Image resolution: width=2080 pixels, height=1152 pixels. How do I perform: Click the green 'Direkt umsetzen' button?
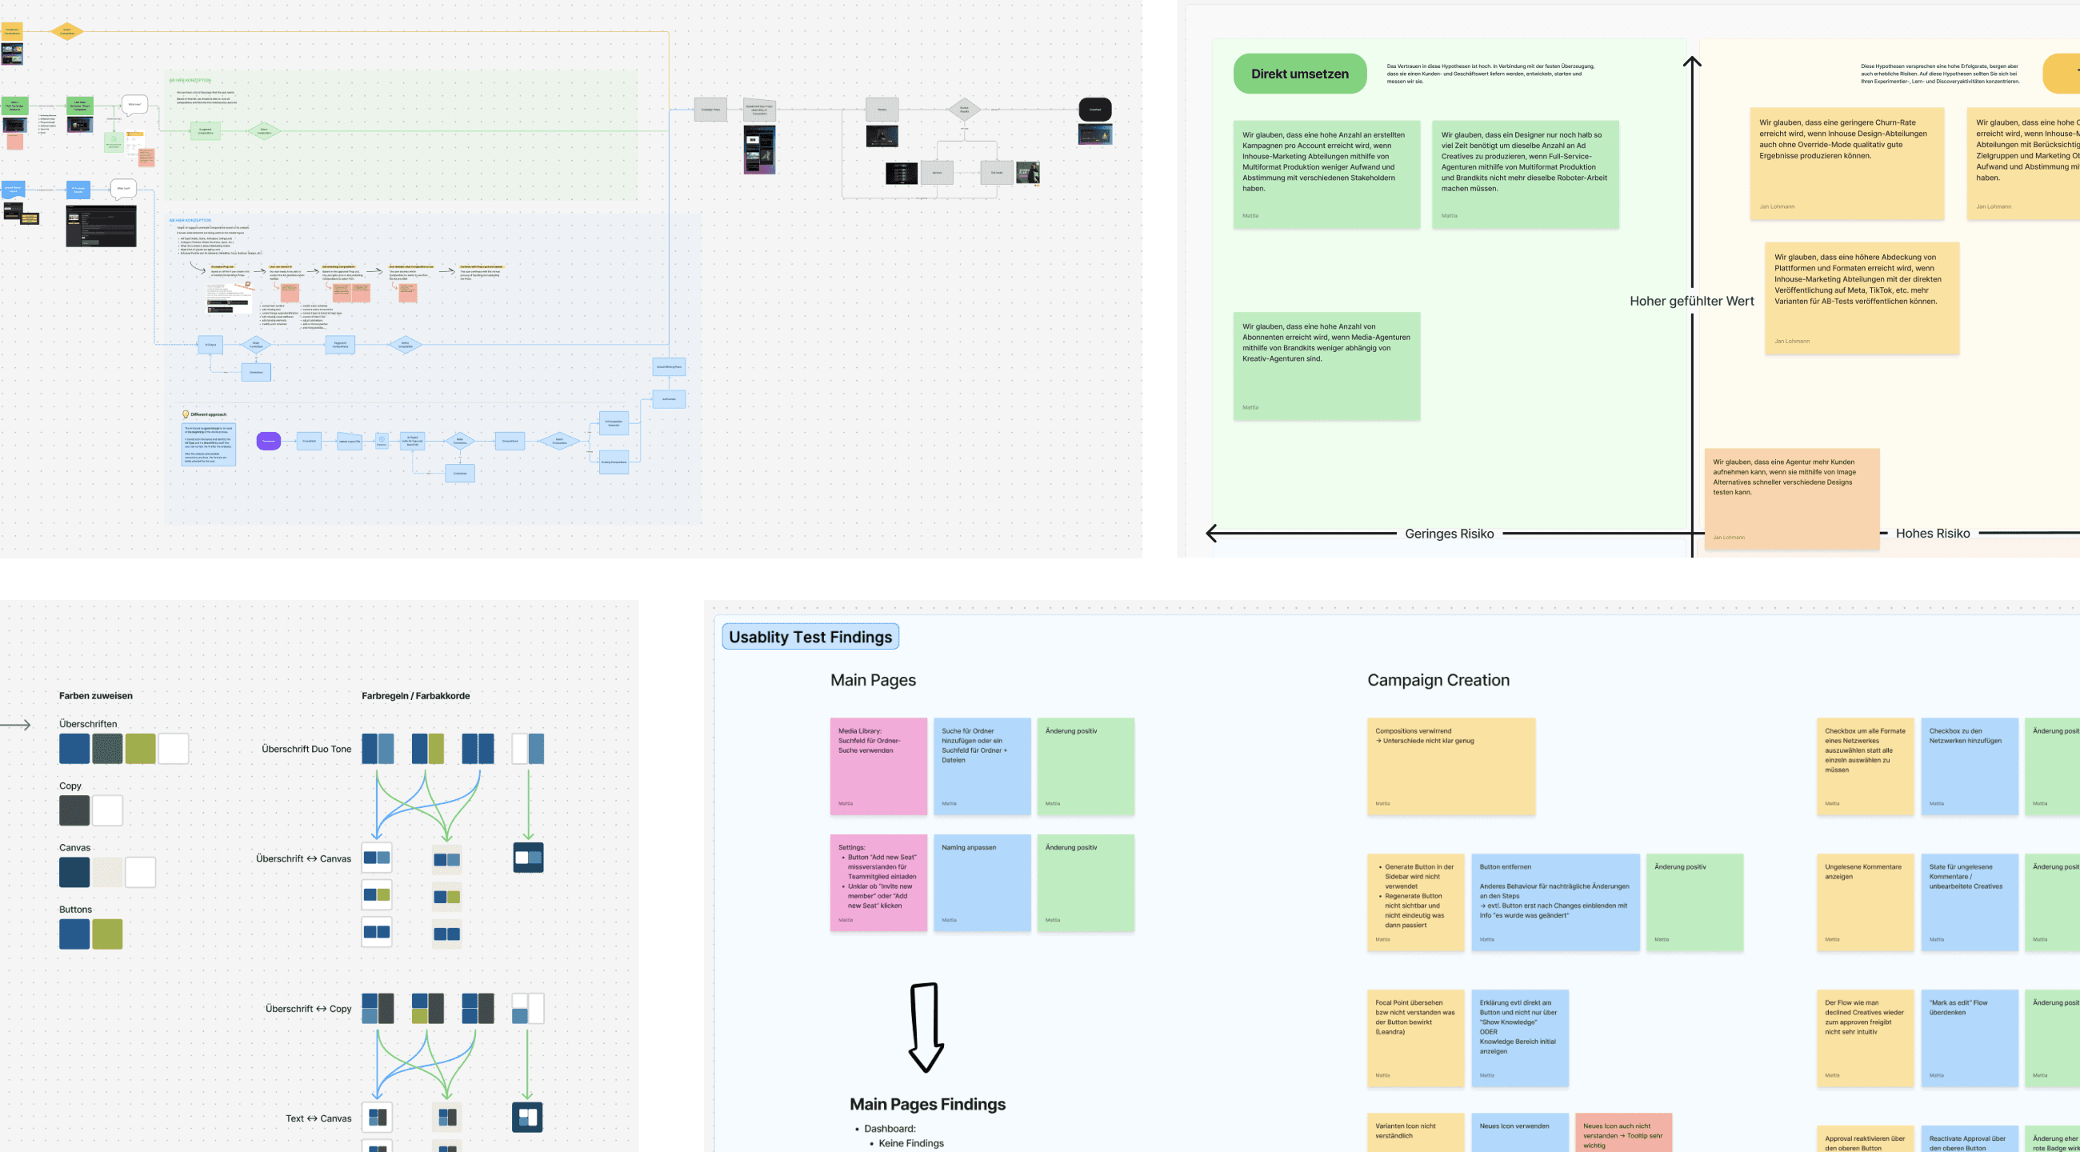pyautogui.click(x=1299, y=74)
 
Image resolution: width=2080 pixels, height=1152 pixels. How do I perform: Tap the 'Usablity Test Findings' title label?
pyautogui.click(x=810, y=637)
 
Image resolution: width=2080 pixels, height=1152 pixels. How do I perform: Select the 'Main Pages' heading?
pyautogui.click(x=873, y=680)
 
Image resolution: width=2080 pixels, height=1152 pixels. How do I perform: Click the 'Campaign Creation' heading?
pyautogui.click(x=1438, y=680)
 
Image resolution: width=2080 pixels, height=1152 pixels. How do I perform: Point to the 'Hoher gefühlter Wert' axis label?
pyautogui.click(x=1691, y=301)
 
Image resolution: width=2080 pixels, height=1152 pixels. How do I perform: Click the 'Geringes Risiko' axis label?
pyautogui.click(x=1449, y=534)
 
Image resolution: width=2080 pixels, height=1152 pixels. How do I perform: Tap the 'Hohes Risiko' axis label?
pyautogui.click(x=1931, y=534)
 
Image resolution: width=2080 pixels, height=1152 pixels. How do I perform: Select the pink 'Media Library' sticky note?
pyautogui.click(x=878, y=766)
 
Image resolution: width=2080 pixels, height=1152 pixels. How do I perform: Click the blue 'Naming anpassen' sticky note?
pyautogui.click(x=981, y=882)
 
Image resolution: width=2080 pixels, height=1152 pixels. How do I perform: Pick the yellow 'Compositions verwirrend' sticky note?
pyautogui.click(x=1450, y=766)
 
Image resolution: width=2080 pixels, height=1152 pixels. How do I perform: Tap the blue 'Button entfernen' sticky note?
pyautogui.click(x=1554, y=902)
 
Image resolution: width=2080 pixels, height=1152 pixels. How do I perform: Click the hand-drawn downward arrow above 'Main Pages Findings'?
pyautogui.click(x=926, y=1026)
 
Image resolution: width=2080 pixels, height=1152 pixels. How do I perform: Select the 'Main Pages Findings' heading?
pyautogui.click(x=927, y=1104)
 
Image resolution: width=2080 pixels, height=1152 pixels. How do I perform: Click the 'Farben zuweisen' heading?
pyautogui.click(x=95, y=696)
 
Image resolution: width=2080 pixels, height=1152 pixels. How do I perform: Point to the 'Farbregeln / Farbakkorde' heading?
pyautogui.click(x=415, y=696)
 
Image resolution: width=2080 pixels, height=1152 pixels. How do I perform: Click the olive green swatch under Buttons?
pyautogui.click(x=107, y=934)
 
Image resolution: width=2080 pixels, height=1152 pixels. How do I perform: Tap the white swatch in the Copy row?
pyautogui.click(x=107, y=810)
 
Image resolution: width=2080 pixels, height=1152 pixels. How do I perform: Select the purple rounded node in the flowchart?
pyautogui.click(x=268, y=441)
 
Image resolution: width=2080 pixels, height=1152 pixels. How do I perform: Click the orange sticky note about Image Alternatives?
pyautogui.click(x=1791, y=498)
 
